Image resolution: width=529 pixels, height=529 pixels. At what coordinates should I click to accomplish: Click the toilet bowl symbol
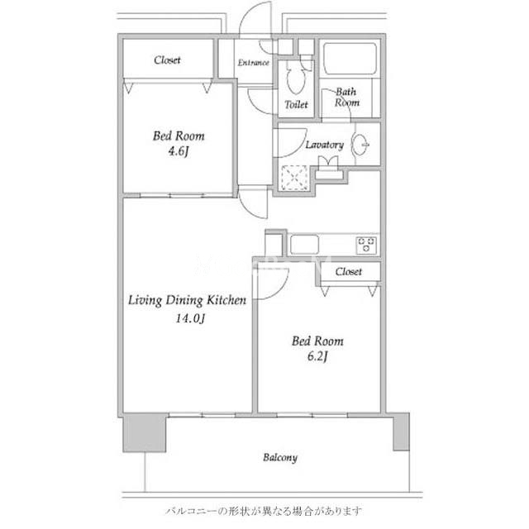[x=295, y=79]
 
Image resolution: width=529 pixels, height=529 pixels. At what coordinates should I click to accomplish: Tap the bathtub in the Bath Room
[x=350, y=59]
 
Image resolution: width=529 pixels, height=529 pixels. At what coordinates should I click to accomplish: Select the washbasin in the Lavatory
[x=360, y=145]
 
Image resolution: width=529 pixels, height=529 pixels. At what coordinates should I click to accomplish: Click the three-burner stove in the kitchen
[x=366, y=245]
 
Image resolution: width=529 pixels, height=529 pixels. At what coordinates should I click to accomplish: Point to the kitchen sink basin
[x=304, y=245]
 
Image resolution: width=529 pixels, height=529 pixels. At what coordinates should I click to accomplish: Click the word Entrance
[x=254, y=63]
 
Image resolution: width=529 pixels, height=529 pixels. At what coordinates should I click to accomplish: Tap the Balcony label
[x=280, y=458]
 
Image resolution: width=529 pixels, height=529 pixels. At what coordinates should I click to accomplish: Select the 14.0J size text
[x=190, y=318]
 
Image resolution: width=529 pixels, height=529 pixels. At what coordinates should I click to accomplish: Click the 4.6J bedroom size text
[x=179, y=150]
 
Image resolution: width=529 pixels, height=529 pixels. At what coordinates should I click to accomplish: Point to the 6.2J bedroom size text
[x=317, y=356]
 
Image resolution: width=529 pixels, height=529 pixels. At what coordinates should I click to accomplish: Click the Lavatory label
[x=325, y=145]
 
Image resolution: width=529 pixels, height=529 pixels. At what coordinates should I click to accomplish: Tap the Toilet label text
[x=296, y=105]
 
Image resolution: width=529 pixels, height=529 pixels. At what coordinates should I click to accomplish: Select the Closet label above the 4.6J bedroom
[x=167, y=60]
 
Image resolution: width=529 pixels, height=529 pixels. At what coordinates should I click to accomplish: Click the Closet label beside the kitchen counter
[x=349, y=272]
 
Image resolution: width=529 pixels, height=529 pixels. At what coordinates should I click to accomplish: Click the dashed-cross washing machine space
[x=294, y=178]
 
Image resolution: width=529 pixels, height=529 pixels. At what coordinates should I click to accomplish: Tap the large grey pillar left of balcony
[x=145, y=432]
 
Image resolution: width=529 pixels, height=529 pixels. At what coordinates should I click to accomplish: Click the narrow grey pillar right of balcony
[x=402, y=431]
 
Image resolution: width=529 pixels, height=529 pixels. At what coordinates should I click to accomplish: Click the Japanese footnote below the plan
[x=264, y=511]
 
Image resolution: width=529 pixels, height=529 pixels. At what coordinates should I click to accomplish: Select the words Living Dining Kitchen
[x=188, y=300]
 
